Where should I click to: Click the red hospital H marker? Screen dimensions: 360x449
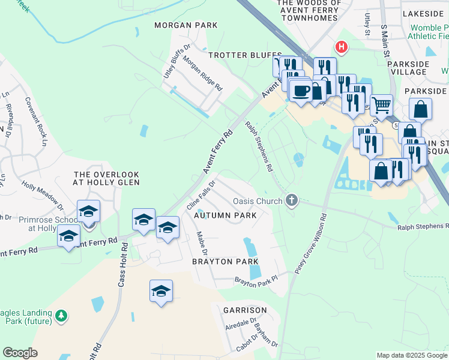click(342, 47)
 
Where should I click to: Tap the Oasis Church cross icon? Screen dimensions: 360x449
click(292, 200)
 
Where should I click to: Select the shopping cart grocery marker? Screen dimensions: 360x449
click(381, 106)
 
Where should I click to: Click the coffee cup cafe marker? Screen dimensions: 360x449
click(301, 91)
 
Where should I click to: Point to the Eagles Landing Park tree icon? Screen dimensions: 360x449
click(61, 315)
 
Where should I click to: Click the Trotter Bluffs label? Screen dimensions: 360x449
click(237, 55)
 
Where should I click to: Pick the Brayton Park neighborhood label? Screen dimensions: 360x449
click(225, 262)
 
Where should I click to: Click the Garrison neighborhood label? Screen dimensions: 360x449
click(244, 310)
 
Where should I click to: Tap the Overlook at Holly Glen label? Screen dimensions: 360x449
click(106, 178)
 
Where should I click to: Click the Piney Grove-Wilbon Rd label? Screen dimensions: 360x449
click(310, 244)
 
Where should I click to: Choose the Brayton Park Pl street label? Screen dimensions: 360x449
click(256, 280)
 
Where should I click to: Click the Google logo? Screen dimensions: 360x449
click(20, 353)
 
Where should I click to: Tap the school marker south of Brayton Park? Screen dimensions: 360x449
click(161, 292)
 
